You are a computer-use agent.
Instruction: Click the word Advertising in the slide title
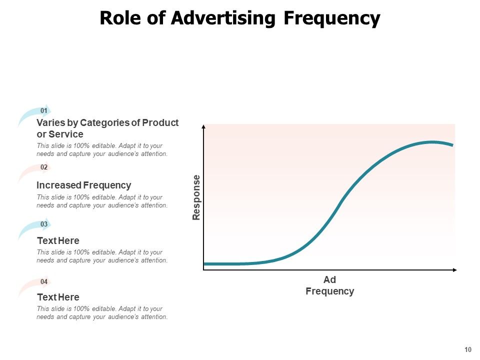(223, 18)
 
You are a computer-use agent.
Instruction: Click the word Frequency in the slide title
(331, 18)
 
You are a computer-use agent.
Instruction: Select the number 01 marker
(44, 110)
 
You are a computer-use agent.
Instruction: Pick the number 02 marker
(44, 167)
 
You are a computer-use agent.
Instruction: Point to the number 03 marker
(44, 224)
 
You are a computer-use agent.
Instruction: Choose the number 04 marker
(44, 281)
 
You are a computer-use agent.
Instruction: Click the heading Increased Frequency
(84, 185)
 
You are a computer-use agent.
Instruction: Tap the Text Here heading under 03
(58, 240)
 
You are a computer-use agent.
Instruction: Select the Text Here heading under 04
(58, 297)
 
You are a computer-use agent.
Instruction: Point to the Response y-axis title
(196, 197)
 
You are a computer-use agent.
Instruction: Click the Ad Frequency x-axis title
(329, 285)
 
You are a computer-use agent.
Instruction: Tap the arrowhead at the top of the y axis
(203, 127)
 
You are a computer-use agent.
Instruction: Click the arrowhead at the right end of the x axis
(454, 270)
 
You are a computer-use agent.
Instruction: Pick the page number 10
(468, 349)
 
